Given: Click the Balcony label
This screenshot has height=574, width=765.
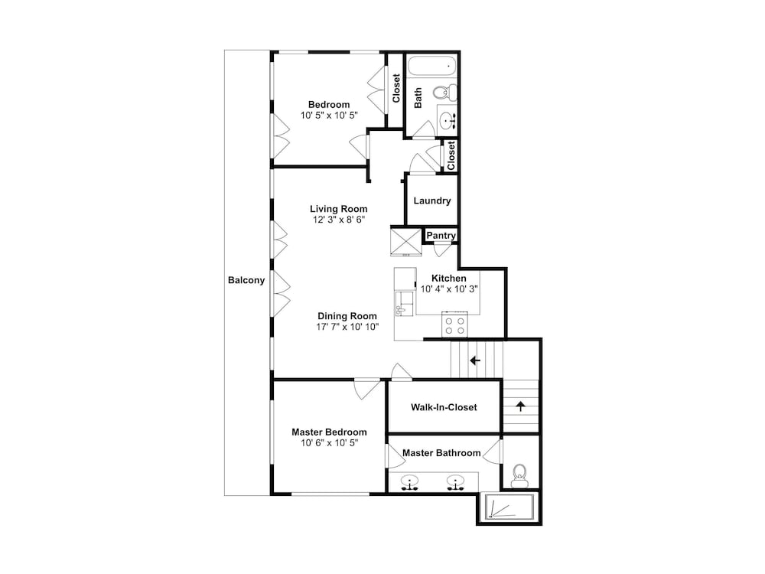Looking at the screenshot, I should coord(246,280).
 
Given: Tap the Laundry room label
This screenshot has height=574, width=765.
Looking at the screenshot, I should coord(432,201).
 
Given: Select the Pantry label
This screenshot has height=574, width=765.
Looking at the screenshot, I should coord(441,236).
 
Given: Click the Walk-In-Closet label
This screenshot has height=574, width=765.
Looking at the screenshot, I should coord(444,407).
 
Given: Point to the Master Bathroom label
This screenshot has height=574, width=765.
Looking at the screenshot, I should coord(441,453).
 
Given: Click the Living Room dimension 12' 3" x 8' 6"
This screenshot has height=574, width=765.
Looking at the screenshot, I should coord(339,220).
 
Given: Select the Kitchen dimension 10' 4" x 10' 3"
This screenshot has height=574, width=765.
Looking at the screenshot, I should coord(450,289).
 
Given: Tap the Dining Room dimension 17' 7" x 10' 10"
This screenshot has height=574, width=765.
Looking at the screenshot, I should coord(348,327).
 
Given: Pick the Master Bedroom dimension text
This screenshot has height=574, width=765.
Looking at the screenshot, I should coord(329,442).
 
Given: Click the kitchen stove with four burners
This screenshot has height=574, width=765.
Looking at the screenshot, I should coord(455,325).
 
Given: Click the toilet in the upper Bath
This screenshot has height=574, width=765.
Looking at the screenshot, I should coord(444,93).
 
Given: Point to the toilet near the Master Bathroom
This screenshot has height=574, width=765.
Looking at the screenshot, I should coord(520,475).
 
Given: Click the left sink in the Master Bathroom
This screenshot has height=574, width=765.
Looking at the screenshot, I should coord(412,483).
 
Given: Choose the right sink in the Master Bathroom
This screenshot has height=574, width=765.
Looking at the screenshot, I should coord(456,483).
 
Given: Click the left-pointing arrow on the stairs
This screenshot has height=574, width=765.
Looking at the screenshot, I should coord(475,360).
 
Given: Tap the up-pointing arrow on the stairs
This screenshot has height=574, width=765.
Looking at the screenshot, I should coord(521,406).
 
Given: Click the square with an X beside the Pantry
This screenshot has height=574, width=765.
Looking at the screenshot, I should coord(405,240).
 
